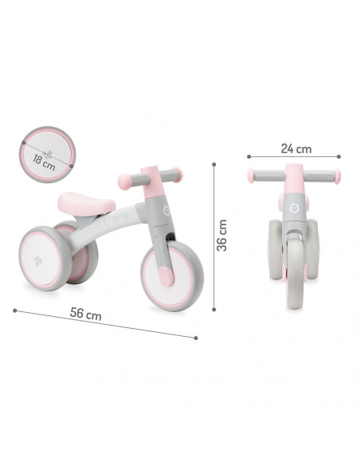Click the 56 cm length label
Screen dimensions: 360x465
(86, 314)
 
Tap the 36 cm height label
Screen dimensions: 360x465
(221, 235)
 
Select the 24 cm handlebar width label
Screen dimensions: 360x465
(296, 149)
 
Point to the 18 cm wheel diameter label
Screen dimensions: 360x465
(44, 162)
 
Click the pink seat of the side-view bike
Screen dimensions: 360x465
(86, 204)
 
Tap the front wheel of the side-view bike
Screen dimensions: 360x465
(172, 275)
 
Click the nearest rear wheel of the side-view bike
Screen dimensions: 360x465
(45, 258)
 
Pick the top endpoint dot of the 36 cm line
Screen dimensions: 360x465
(214, 164)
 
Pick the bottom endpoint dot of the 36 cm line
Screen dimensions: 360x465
(214, 309)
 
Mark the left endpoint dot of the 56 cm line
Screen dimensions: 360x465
(15, 311)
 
